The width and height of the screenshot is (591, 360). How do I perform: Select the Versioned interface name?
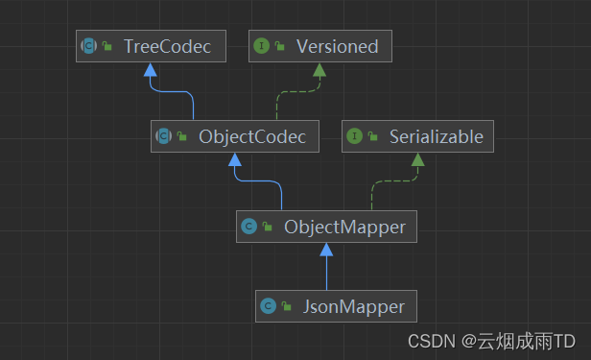click(337, 46)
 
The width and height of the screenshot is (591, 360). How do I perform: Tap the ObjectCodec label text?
click(252, 136)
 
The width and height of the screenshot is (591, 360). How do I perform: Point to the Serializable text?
click(437, 136)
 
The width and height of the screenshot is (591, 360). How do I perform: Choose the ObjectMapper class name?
click(344, 227)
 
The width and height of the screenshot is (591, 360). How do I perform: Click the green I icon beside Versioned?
click(262, 46)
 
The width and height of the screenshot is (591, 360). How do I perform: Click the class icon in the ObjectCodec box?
click(164, 136)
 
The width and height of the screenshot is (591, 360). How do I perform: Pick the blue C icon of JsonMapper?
click(269, 307)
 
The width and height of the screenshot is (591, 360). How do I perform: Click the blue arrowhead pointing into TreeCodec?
click(148, 69)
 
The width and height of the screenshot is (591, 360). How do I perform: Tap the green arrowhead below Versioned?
click(319, 69)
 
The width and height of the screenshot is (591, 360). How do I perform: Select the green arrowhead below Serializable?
click(417, 159)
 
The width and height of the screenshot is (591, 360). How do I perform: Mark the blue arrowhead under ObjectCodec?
click(234, 159)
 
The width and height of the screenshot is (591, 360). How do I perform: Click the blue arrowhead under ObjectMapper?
click(326, 250)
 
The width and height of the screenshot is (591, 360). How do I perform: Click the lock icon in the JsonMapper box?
click(287, 308)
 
